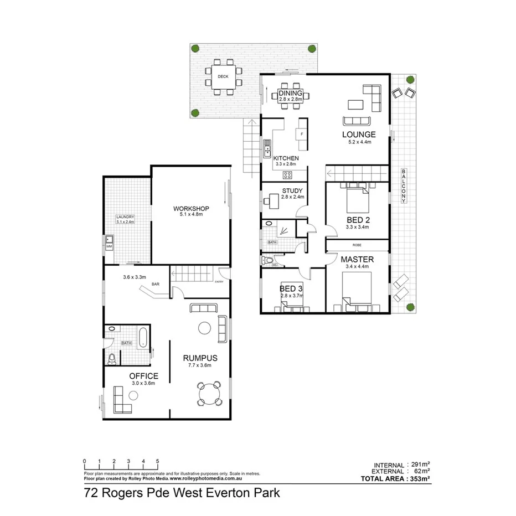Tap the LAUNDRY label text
[x=125, y=217]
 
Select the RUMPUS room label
[x=200, y=358]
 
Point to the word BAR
[x=156, y=285]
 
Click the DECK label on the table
[x=223, y=76]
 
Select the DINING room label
[x=291, y=93]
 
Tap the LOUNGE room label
[x=359, y=135]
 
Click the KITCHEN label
[x=286, y=158]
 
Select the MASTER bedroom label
[x=357, y=259]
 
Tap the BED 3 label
[x=291, y=288]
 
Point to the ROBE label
[x=357, y=244]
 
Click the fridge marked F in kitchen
[x=302, y=134]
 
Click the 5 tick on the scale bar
[x=158, y=461]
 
